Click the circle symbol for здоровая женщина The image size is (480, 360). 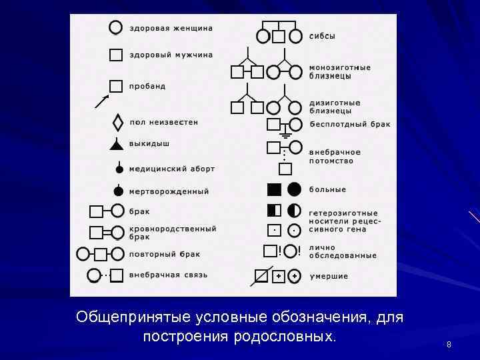point(115,27)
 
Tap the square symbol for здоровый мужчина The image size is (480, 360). point(116,55)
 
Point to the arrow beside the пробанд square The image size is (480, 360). point(102,101)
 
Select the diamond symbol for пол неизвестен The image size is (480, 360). point(118,123)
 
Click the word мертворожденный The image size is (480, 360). point(169,191)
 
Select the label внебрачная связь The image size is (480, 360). point(168,275)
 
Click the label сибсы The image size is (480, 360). point(322,36)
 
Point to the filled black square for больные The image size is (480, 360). point(274,189)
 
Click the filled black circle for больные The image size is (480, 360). point(295,189)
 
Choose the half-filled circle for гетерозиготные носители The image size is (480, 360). point(295,211)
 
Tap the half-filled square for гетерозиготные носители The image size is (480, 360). point(274,211)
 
